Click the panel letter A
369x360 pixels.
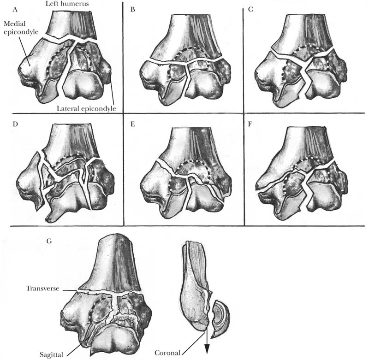point(15,9)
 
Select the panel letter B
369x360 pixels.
point(133,9)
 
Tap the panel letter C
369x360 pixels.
point(250,9)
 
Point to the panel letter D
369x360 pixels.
point(15,124)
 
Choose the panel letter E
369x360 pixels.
point(133,124)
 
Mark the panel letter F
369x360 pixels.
point(250,124)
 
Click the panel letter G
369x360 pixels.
point(49,241)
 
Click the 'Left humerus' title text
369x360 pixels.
point(67,3)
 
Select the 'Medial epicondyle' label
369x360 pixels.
point(21,28)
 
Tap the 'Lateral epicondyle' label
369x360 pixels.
point(87,108)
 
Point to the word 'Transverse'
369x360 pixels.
point(42,288)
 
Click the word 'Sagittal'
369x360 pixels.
point(51,354)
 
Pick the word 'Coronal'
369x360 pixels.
point(167,353)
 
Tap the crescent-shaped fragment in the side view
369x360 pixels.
point(221,319)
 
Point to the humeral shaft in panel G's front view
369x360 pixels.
point(110,263)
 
